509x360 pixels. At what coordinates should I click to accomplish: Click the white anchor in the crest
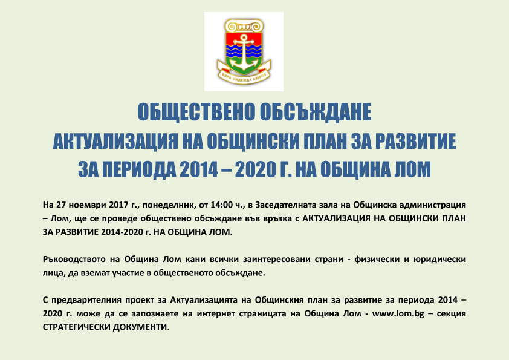[243, 54]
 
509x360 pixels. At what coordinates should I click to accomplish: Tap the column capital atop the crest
[244, 25]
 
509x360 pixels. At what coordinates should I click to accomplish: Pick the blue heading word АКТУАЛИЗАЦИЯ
[115, 142]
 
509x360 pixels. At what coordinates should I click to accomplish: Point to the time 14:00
[221, 205]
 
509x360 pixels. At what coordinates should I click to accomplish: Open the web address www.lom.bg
[398, 314]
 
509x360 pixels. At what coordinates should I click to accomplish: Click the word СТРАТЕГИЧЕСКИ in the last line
[77, 327]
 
